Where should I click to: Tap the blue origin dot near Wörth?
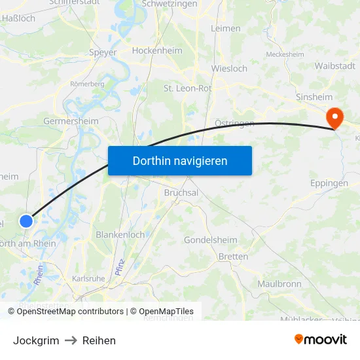pos(26,221)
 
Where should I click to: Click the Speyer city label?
pos(102,52)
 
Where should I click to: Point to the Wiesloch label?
pos(229,68)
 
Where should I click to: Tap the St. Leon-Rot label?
pos(187,88)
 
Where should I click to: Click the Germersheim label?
pos(71,121)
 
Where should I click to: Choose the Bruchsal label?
pos(181,193)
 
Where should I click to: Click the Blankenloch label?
pos(120,234)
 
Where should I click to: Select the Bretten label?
pos(233,257)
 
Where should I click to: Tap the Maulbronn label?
pos(279,284)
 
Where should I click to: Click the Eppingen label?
pos(329,183)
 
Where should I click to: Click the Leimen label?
pos(226,28)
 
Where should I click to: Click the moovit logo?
pos(321,340)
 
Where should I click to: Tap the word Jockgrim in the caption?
pos(36,340)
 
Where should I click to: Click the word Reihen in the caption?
pos(99,340)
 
